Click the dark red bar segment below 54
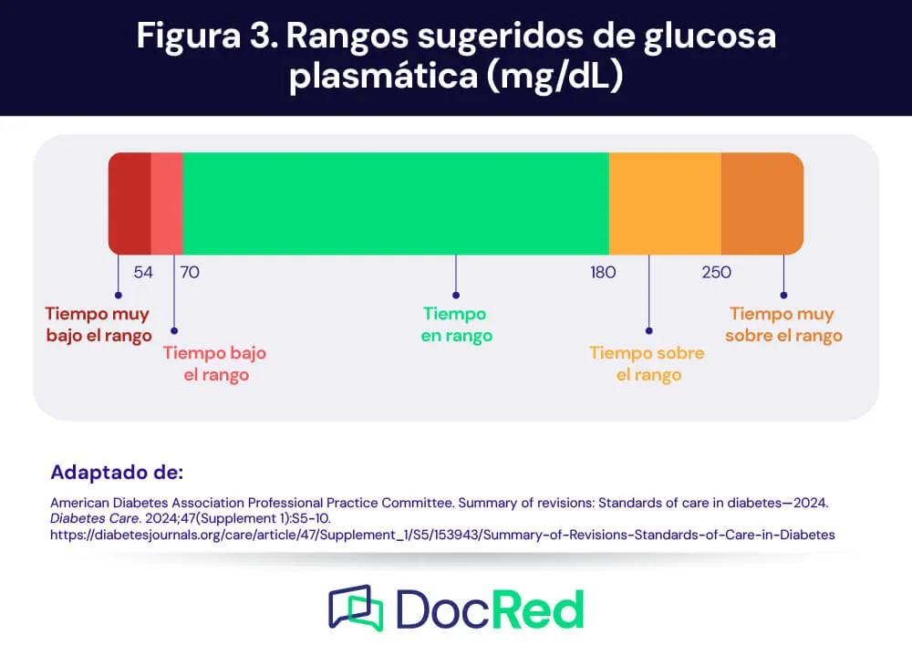(130, 203)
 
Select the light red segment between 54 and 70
(167, 203)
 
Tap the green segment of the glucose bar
(396, 203)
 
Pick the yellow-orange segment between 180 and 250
(665, 203)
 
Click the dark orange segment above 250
(762, 203)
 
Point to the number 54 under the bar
(143, 272)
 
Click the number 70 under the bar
(191, 272)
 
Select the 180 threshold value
(603, 272)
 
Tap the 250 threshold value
(716, 272)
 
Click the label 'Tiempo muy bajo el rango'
(98, 325)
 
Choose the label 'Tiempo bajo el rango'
(215, 364)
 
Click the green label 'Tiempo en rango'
(456, 325)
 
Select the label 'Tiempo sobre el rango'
(648, 364)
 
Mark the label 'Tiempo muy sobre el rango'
(783, 325)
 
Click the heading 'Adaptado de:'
(117, 473)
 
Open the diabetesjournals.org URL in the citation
(442, 535)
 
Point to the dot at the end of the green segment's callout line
(456, 296)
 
